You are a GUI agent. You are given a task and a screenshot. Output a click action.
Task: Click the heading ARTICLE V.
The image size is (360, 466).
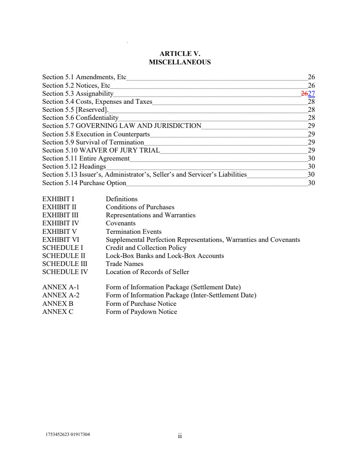click(180, 54)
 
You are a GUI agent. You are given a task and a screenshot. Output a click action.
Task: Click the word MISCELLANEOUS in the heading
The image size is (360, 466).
click(180, 62)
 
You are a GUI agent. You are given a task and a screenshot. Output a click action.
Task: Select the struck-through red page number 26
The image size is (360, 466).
click(304, 94)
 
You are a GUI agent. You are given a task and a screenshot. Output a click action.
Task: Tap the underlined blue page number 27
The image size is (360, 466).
click(312, 94)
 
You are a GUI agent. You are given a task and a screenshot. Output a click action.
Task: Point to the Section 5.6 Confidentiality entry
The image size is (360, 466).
click(80, 118)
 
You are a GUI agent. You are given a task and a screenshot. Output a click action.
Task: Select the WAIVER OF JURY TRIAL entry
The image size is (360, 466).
click(120, 150)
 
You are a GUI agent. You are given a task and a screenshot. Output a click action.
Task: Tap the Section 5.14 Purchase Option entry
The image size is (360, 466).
click(84, 183)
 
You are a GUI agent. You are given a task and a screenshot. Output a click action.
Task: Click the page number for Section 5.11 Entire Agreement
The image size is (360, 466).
click(311, 158)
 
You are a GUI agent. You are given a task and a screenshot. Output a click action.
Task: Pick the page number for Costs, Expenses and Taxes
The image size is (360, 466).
click(311, 102)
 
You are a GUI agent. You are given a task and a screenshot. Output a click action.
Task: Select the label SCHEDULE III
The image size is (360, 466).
click(64, 264)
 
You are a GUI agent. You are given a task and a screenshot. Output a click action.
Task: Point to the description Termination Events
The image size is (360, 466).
click(134, 232)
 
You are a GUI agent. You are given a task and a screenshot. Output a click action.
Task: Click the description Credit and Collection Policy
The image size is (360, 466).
click(146, 248)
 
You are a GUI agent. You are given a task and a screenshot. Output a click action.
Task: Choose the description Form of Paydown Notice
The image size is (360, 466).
click(141, 312)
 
